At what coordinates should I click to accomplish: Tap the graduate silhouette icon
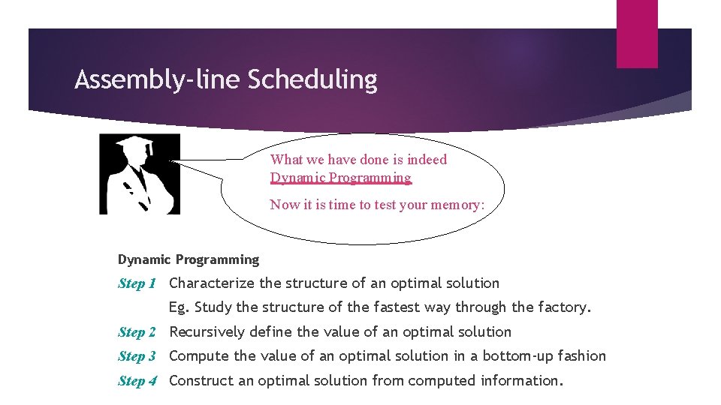140,174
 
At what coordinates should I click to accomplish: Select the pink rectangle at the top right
637,34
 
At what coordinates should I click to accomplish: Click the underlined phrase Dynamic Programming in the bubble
341,178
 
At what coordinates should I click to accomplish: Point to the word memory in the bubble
457,204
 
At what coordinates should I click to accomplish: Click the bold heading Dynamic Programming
188,259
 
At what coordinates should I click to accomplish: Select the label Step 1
137,283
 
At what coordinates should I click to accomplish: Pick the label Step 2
137,332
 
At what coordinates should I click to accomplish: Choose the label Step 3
137,356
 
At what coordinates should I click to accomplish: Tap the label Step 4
137,381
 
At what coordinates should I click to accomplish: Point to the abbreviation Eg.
179,307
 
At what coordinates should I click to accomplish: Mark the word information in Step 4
520,381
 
